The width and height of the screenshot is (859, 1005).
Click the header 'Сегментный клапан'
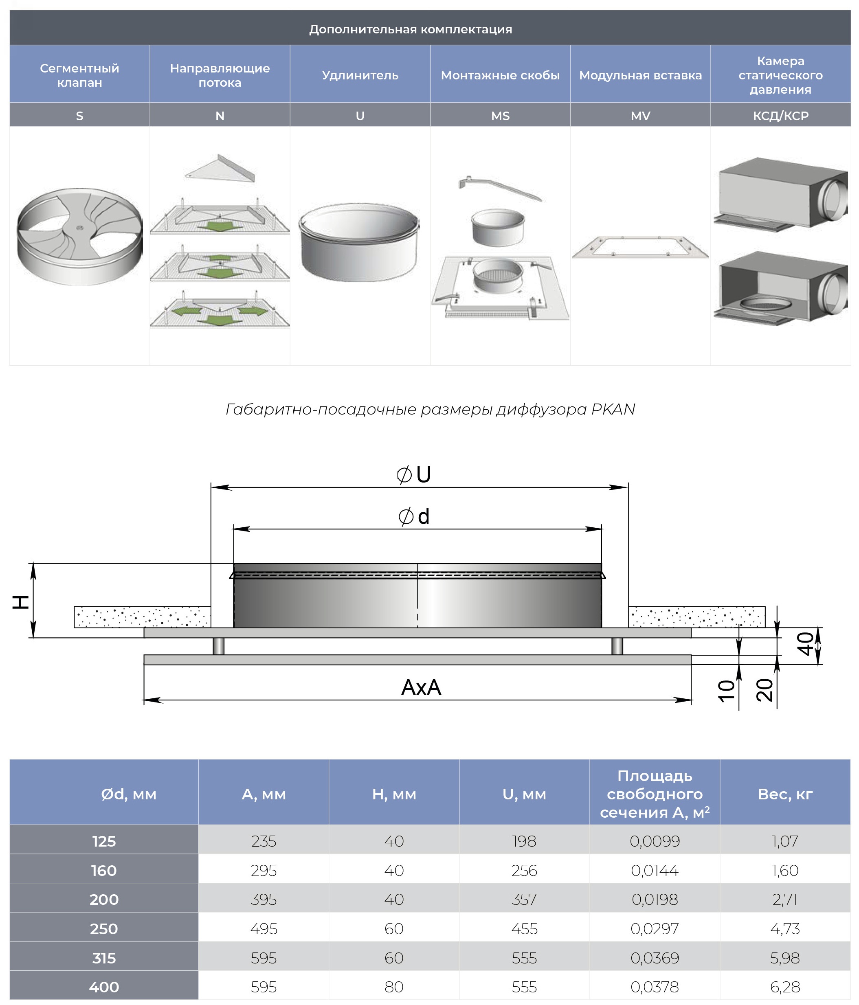pyautogui.click(x=79, y=75)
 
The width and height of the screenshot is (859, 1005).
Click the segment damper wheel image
pyautogui.click(x=79, y=236)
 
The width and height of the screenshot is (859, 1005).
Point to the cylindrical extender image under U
pyautogui.click(x=359, y=243)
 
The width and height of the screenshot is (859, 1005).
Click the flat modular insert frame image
pyautogui.click(x=640, y=247)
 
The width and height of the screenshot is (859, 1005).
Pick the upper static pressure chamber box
pyautogui.click(x=781, y=194)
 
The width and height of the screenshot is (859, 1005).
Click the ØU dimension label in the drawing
pyautogui.click(x=414, y=475)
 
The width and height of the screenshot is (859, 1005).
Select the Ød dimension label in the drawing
pyautogui.click(x=414, y=517)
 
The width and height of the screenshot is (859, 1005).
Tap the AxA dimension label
pyautogui.click(x=421, y=687)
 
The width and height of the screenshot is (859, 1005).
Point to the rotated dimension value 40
pyautogui.click(x=806, y=644)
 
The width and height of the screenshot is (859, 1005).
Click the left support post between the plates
pyautogui.click(x=218, y=646)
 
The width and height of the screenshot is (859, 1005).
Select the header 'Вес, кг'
pyautogui.click(x=785, y=794)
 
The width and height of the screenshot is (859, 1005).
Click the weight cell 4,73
pyautogui.click(x=785, y=928)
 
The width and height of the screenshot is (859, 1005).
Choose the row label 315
pyautogui.click(x=104, y=958)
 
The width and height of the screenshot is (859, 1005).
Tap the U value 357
pyautogui.click(x=524, y=899)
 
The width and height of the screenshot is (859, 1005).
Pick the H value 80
pyautogui.click(x=394, y=987)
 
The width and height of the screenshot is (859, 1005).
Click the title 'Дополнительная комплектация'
pyautogui.click(x=410, y=29)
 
